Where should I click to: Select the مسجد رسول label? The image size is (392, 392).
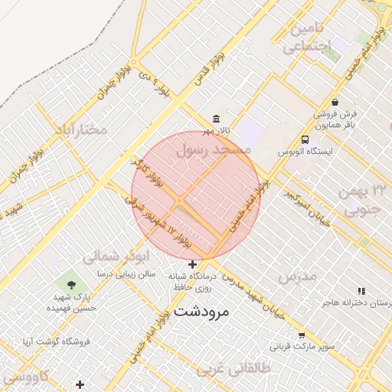214,151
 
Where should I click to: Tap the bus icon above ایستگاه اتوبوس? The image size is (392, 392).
305,139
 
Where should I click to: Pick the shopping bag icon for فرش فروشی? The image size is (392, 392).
335,102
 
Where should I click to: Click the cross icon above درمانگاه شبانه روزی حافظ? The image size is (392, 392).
192,264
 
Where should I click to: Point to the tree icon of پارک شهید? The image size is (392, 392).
71,284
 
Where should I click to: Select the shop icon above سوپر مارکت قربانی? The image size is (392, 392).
302,335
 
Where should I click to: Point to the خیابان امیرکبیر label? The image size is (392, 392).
306,206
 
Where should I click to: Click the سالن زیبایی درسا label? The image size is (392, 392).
126,273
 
